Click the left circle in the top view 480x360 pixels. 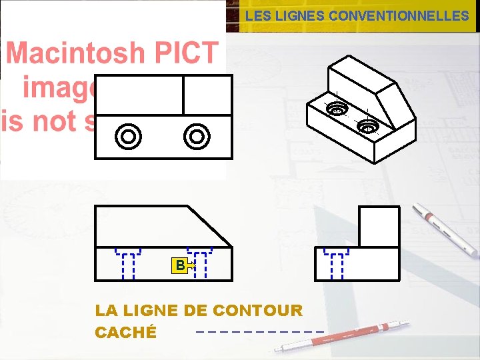128,137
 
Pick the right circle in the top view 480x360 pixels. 197,137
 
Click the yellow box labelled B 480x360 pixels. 179,265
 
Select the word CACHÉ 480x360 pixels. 126,332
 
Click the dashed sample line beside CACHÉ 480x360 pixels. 260,331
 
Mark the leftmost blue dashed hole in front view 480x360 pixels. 128,263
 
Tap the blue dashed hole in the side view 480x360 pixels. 337,263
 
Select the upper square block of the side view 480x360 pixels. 379,227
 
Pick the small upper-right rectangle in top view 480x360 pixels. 207,95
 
